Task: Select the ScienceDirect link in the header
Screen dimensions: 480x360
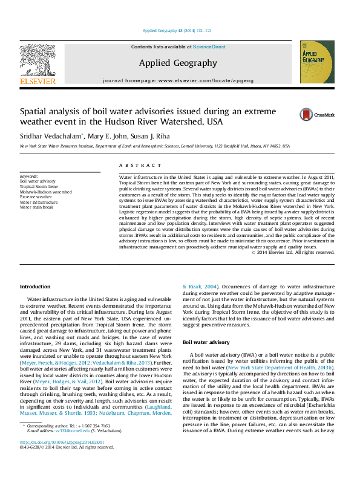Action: click(209, 46)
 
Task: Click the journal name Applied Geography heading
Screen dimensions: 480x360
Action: click(178, 63)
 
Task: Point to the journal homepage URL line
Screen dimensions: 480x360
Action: click(178, 80)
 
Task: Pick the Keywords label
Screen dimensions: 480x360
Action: click(29, 176)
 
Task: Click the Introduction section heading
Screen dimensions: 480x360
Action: click(35, 286)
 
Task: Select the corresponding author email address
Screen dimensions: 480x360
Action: click(67, 448)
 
